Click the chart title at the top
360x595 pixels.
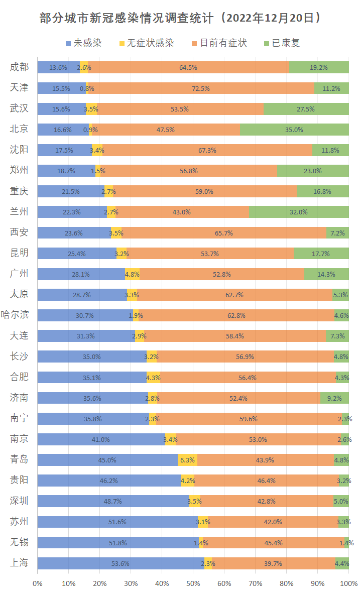180,18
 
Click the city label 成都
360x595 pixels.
19,67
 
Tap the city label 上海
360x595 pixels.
19,563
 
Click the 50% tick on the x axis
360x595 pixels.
193,583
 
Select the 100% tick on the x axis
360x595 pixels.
348,583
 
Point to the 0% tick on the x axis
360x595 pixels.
38,583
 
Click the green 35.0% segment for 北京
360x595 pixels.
294,130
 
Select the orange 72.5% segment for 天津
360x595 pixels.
201,88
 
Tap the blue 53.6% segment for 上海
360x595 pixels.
121,563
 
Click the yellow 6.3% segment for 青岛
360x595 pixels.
187,460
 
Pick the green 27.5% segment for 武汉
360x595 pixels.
306,109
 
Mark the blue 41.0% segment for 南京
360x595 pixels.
101,439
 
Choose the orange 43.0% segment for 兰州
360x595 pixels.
182,212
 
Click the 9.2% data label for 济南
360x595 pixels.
334,398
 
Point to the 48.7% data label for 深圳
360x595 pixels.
113,501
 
